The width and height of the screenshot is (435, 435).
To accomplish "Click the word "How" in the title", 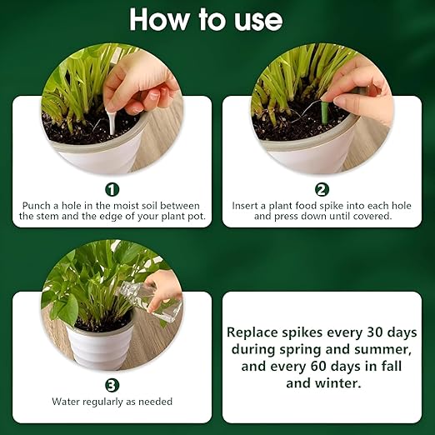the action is point(158,19).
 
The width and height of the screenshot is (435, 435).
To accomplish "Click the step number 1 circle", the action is point(112,190).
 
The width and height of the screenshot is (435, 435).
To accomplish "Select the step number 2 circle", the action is point(322,190).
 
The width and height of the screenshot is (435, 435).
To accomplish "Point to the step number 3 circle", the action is point(112,385).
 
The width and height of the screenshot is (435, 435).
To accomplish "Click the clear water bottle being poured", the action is point(150,301).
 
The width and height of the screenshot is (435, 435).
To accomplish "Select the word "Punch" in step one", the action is point(37,206).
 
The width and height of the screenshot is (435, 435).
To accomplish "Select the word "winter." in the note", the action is point(338,383).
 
